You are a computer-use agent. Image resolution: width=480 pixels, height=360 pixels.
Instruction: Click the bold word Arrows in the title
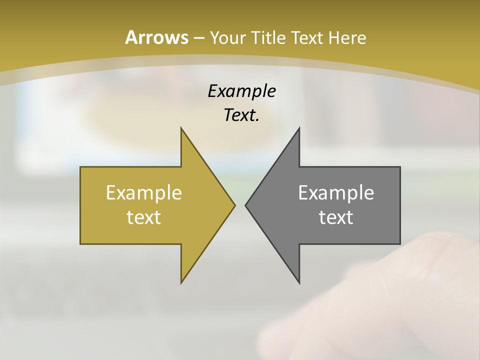click(x=156, y=37)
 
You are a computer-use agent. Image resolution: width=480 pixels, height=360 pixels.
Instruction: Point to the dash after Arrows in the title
click(x=198, y=38)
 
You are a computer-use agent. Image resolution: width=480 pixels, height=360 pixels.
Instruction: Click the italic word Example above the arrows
click(x=241, y=91)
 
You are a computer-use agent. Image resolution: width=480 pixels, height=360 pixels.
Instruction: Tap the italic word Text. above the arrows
click(x=241, y=115)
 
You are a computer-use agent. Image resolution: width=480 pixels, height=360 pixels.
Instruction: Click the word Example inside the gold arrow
click(x=144, y=192)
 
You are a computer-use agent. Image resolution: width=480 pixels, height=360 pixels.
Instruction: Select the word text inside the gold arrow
click(x=144, y=217)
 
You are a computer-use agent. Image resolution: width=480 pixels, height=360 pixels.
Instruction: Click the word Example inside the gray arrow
click(x=336, y=192)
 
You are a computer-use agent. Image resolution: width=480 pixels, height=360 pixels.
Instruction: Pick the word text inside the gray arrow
click(x=336, y=217)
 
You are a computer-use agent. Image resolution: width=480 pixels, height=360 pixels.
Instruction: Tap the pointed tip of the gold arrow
click(x=234, y=204)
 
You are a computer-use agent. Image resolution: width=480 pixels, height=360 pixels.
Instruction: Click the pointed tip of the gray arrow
click(x=246, y=204)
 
